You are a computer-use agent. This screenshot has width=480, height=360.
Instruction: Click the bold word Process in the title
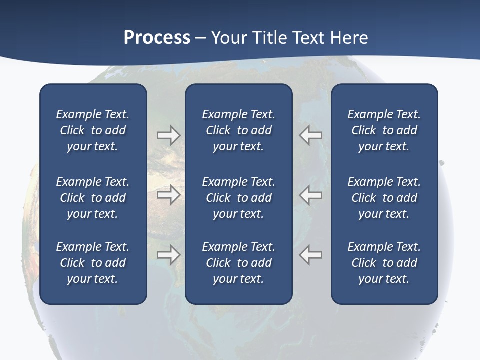click(157, 38)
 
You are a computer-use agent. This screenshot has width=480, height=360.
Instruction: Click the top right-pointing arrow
click(168, 135)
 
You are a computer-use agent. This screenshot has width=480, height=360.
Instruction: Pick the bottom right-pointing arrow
click(168, 255)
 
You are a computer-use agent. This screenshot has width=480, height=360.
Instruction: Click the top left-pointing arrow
click(311, 135)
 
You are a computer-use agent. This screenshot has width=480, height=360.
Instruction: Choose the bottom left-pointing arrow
click(311, 255)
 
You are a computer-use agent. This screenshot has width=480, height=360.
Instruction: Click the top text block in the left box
click(93, 130)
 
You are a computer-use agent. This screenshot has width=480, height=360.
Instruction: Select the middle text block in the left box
click(93, 198)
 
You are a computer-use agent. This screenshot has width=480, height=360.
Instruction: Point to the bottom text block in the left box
click(93, 263)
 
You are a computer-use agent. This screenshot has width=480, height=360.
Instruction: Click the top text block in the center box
click(238, 130)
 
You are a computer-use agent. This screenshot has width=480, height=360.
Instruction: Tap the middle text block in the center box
click(238, 198)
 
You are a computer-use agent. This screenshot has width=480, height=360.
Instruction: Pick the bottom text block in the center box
click(238, 263)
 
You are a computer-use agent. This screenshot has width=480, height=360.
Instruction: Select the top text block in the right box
click(384, 130)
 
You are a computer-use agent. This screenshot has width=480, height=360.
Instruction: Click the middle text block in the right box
click(384, 198)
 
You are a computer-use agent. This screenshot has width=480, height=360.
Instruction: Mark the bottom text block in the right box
click(384, 263)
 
